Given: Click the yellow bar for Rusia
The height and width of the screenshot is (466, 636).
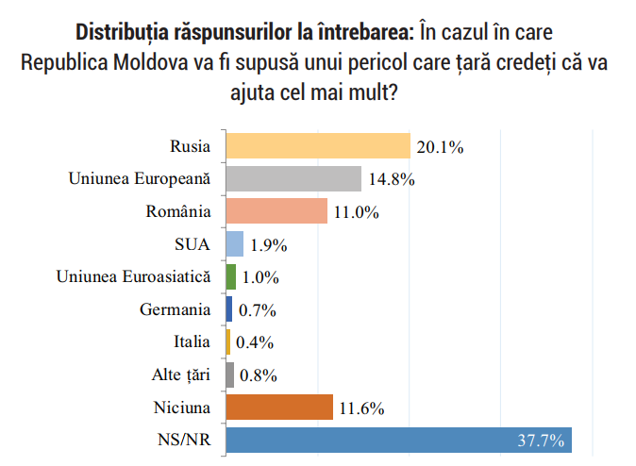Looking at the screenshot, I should click(318, 146).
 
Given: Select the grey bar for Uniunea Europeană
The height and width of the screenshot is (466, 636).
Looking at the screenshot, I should click(293, 179).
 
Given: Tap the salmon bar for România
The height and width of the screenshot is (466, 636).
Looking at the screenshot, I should click(276, 211).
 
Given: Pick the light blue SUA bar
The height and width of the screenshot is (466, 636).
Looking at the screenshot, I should click(235, 244).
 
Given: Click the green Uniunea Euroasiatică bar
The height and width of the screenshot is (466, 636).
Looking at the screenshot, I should click(230, 276).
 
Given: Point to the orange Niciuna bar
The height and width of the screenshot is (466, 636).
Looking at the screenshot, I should click(279, 408).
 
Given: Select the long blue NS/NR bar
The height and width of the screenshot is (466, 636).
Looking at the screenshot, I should click(396, 441).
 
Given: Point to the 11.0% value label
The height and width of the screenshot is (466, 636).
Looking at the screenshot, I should click(355, 212).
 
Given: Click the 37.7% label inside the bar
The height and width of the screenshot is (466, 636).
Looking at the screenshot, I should click(541, 441).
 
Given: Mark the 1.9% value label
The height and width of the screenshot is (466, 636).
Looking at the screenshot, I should click(266, 245).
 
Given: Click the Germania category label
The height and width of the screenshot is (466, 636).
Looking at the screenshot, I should click(175, 309).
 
